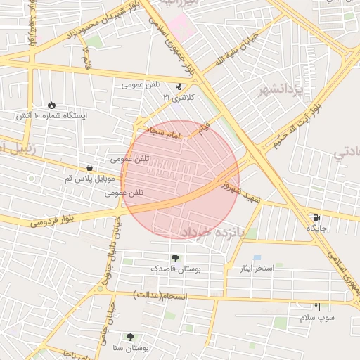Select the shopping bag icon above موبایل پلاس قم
90,167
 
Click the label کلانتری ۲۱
178,96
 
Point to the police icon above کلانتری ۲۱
179,86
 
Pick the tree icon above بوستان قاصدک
174,258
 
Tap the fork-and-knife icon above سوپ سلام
317,307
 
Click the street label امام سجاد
163,132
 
